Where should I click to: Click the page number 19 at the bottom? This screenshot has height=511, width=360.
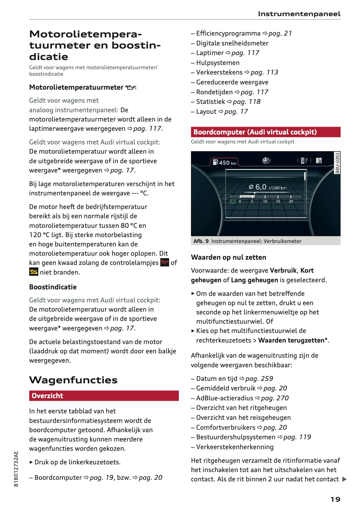click(x=335, y=499)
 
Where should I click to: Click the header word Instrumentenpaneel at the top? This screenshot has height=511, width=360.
click(x=299, y=14)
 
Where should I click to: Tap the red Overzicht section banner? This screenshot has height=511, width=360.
click(x=104, y=396)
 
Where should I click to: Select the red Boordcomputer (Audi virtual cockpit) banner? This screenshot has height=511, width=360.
click(x=265, y=132)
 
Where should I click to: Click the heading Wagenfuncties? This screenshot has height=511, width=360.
click(x=73, y=380)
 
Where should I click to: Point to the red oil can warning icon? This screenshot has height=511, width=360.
click(x=165, y=262)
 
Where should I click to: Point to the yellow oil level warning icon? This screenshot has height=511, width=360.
click(x=33, y=272)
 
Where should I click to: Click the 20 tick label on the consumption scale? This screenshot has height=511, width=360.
click(x=291, y=201)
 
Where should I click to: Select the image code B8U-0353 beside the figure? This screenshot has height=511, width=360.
click(x=337, y=163)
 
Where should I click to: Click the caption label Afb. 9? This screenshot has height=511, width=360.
click(x=201, y=241)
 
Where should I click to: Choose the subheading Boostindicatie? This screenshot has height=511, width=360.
click(x=53, y=287)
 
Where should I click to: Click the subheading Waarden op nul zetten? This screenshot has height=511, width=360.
click(x=228, y=257)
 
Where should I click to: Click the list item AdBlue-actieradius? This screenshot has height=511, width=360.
click(x=224, y=398)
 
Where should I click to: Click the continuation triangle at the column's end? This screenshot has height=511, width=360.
click(x=345, y=479)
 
